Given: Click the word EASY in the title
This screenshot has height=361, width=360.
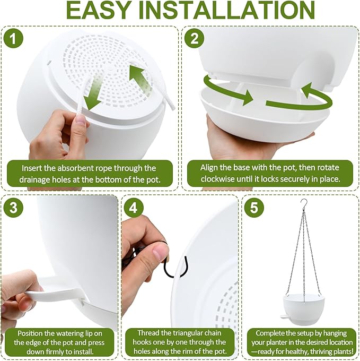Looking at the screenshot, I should tap(100, 11).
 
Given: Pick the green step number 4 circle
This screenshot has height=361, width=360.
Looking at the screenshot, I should tap(133, 208).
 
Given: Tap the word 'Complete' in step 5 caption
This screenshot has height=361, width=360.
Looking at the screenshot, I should tap(275, 333).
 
